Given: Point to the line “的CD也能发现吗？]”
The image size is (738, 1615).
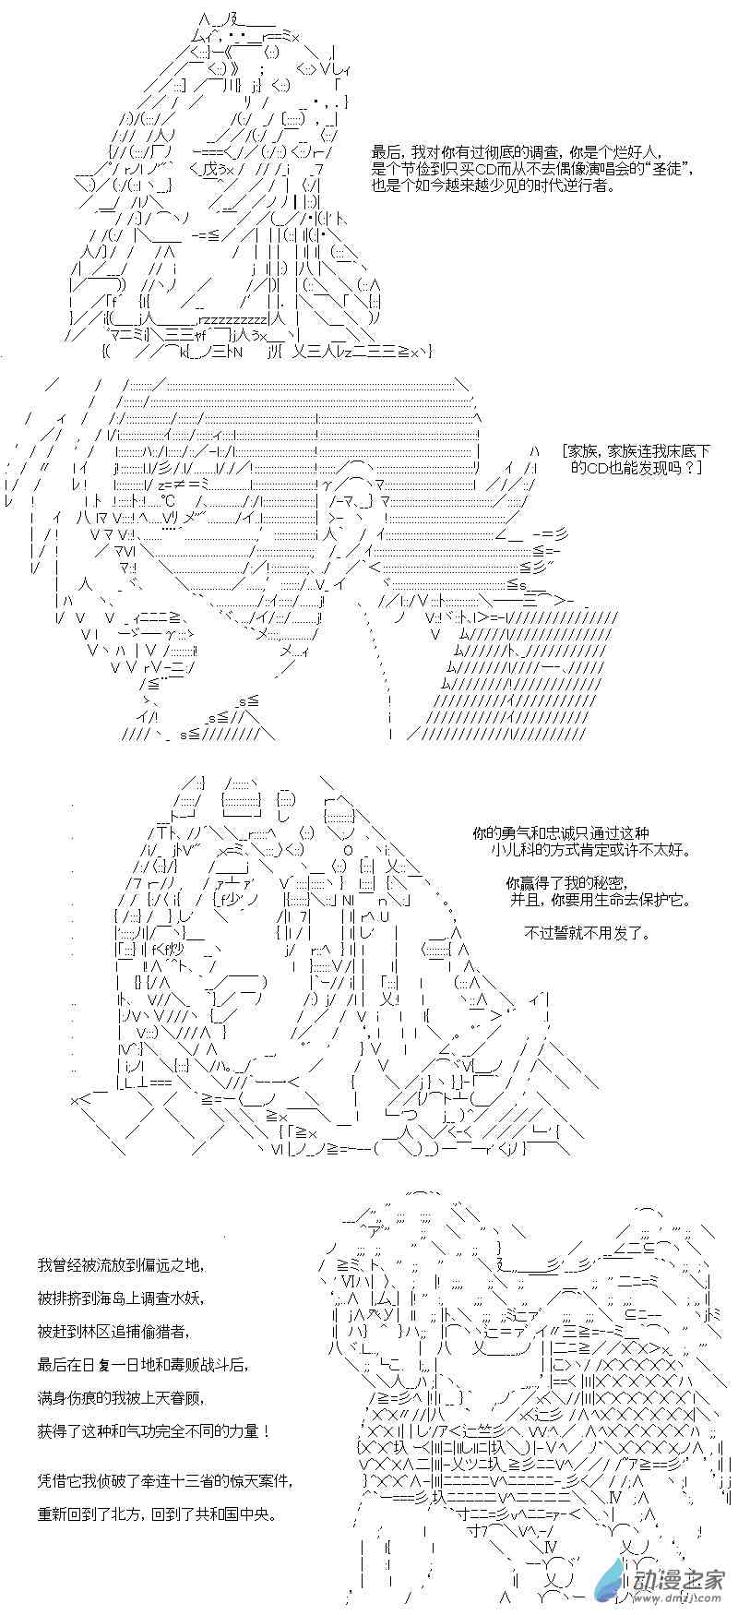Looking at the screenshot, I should [637, 468].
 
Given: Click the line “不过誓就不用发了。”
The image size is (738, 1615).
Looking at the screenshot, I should [588, 933].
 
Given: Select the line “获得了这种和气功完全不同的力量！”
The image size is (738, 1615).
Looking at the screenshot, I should [154, 1430].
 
